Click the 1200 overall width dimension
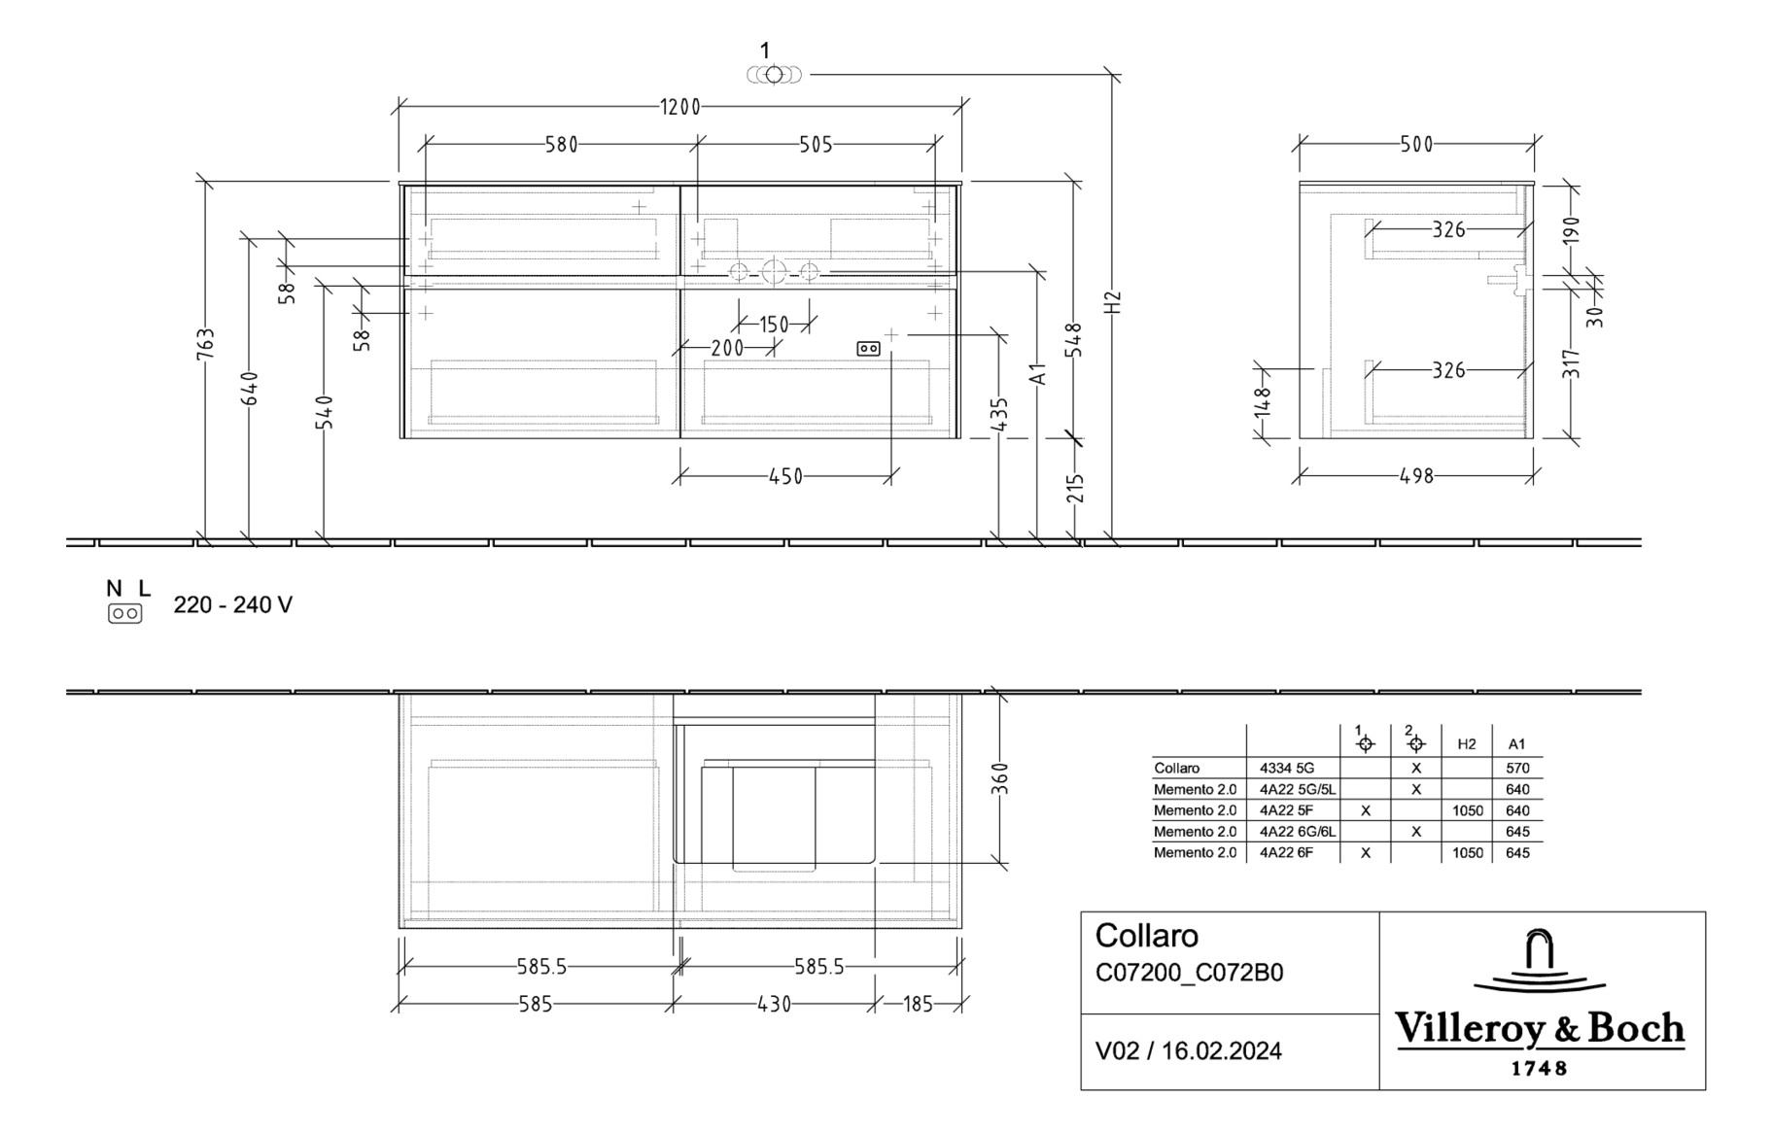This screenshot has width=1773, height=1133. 680,107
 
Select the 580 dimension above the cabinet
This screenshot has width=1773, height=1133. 561,145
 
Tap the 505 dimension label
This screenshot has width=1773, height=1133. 816,145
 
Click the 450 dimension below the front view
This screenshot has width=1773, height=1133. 785,476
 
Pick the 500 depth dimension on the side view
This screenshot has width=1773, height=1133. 1416,145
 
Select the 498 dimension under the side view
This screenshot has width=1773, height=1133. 1416,476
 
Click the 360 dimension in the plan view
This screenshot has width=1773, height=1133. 1000,778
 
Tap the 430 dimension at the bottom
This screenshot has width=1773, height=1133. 774,1005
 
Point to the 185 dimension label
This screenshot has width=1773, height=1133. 918,1005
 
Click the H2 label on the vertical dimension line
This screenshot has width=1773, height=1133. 1113,301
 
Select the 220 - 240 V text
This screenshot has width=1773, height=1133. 232,605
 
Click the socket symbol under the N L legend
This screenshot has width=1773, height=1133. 124,613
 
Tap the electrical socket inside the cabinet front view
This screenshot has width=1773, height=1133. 868,348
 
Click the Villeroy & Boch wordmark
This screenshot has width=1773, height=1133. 1541,1029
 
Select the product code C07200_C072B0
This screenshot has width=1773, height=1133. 1189,973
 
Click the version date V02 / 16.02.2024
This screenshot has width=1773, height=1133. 1188,1050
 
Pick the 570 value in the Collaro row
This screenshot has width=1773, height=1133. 1516,768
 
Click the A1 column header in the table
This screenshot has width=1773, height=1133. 1516,744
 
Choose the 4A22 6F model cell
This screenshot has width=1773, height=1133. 1286,853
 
